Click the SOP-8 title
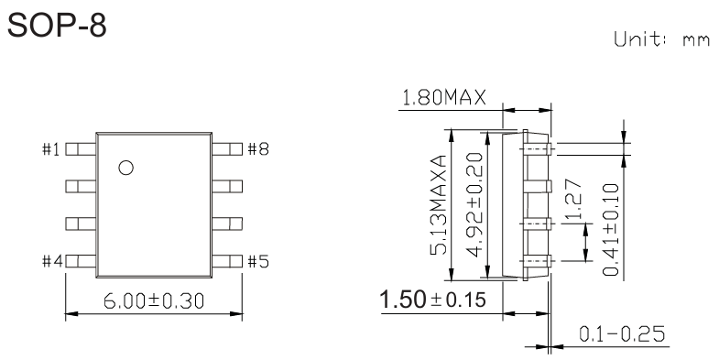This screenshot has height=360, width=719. point(57,26)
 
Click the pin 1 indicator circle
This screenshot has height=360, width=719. point(126,168)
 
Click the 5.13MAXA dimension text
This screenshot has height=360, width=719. point(441,205)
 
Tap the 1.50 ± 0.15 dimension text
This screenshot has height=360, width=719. point(433,300)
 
